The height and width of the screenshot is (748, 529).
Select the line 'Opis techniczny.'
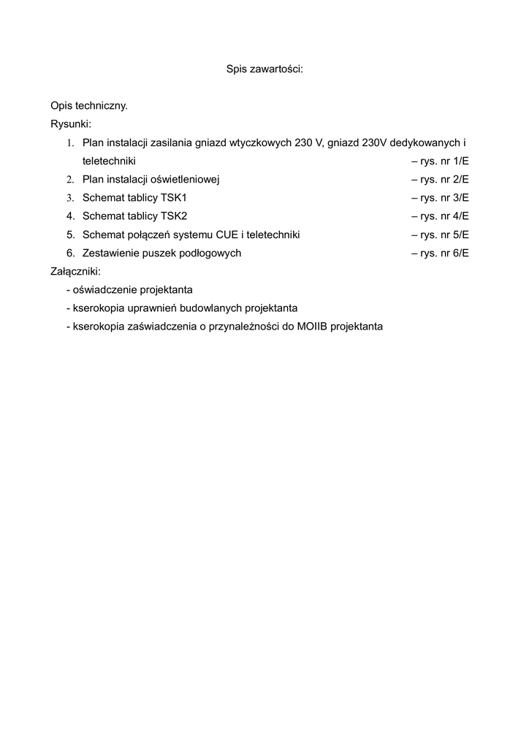tap(89, 106)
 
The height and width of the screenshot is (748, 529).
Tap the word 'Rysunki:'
tap(71, 124)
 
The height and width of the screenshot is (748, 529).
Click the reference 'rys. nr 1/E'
tap(444, 161)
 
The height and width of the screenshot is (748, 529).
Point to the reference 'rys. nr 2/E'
tap(444, 180)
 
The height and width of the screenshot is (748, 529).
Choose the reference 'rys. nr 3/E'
tap(444, 198)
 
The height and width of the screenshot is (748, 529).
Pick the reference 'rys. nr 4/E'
tap(444, 216)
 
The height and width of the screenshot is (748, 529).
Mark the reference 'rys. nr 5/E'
tap(444, 235)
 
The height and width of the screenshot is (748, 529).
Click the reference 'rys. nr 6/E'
tap(444, 253)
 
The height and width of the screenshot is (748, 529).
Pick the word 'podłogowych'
tap(212, 253)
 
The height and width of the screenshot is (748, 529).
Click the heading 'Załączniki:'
tap(76, 272)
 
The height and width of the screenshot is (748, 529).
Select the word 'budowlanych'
tap(213, 308)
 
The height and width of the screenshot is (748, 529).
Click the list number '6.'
tap(71, 253)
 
